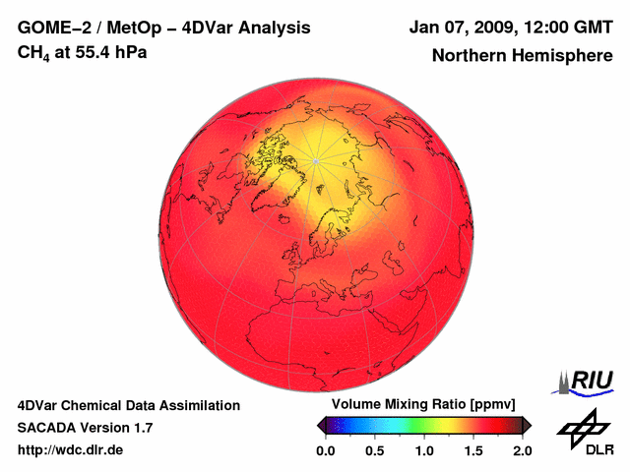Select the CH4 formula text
tap(35, 53)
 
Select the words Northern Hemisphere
tap(522, 55)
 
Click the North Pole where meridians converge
tap(315, 160)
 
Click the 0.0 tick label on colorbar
tap(326, 450)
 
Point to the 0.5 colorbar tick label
tap(375, 450)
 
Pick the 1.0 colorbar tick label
tap(424, 450)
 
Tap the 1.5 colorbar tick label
tap(473, 450)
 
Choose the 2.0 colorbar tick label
tap(522, 450)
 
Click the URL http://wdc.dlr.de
tap(71, 450)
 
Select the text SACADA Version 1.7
tap(85, 428)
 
